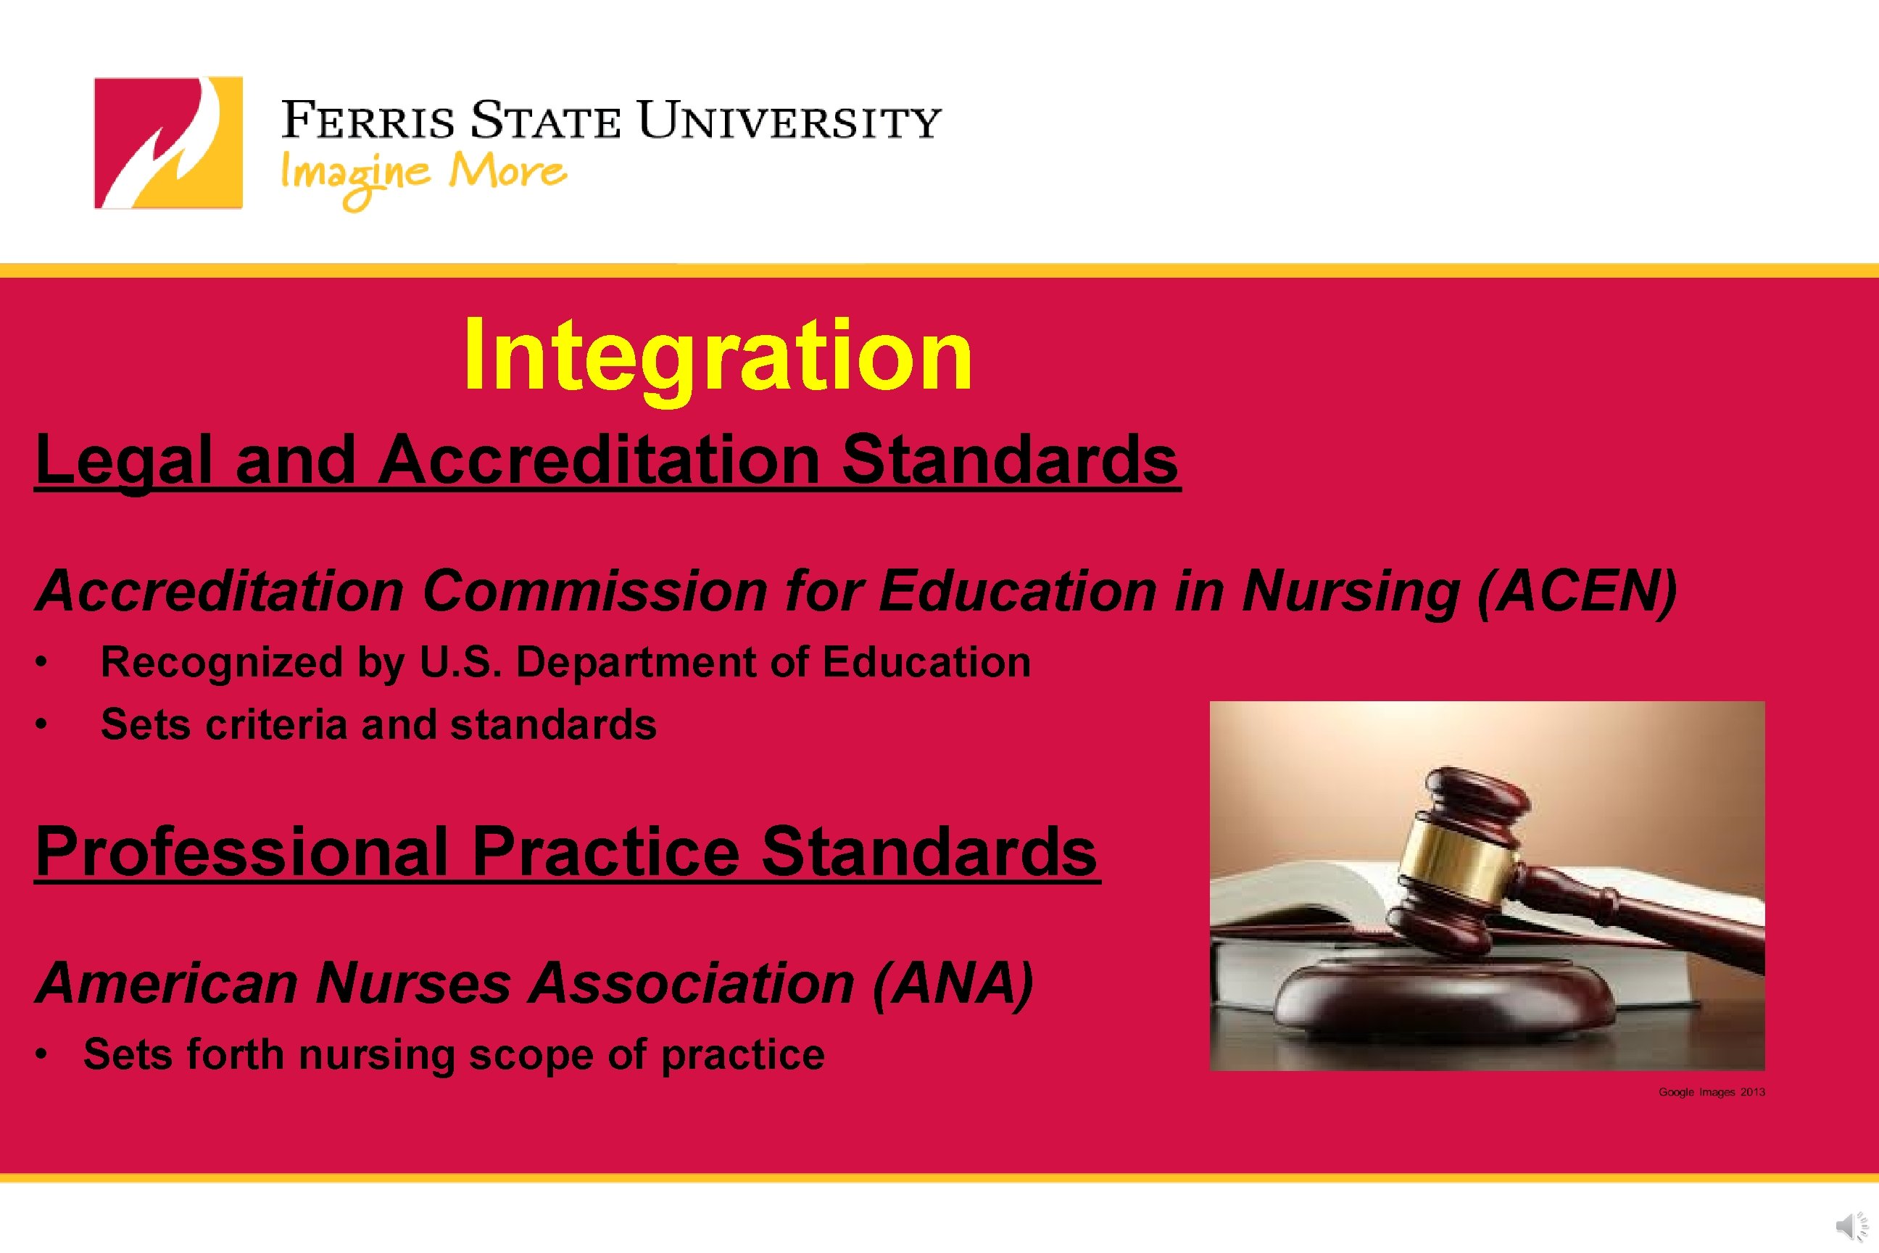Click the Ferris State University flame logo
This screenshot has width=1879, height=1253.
click(167, 143)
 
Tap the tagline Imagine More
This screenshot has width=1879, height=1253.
click(423, 174)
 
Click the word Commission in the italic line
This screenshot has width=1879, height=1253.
click(594, 592)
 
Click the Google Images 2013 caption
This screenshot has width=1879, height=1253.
click(1712, 1092)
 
